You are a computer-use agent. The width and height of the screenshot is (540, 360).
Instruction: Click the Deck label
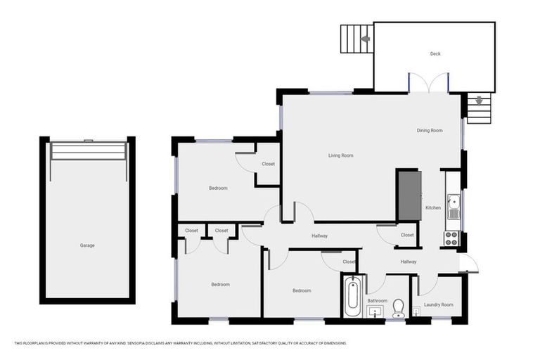(x=435, y=53)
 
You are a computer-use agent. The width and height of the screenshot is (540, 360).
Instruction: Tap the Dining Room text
(x=430, y=130)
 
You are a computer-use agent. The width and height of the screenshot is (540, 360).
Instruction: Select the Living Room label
(x=340, y=155)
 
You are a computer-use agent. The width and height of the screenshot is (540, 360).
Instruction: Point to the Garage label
(x=87, y=245)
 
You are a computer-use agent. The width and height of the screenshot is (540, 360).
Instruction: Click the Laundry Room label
(x=438, y=304)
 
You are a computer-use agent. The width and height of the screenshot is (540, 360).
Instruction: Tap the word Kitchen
(x=433, y=207)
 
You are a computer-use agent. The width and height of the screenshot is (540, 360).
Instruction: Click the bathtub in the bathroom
(x=353, y=296)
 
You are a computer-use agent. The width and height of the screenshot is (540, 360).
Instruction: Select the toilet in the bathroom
(x=398, y=308)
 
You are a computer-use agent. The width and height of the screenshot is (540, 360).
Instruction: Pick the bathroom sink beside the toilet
(x=375, y=311)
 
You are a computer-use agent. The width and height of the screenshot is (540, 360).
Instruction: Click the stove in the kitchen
(x=451, y=238)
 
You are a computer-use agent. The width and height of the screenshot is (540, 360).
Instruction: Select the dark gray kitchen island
(x=409, y=195)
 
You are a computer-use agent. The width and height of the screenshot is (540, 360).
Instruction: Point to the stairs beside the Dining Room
(x=479, y=109)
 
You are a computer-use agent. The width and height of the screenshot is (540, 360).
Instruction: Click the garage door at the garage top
(x=87, y=150)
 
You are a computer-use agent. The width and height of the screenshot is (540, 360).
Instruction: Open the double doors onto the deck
(x=429, y=83)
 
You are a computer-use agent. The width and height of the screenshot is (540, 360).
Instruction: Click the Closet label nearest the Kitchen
(x=407, y=235)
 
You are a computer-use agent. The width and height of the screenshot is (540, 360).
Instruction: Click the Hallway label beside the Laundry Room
(x=408, y=262)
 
